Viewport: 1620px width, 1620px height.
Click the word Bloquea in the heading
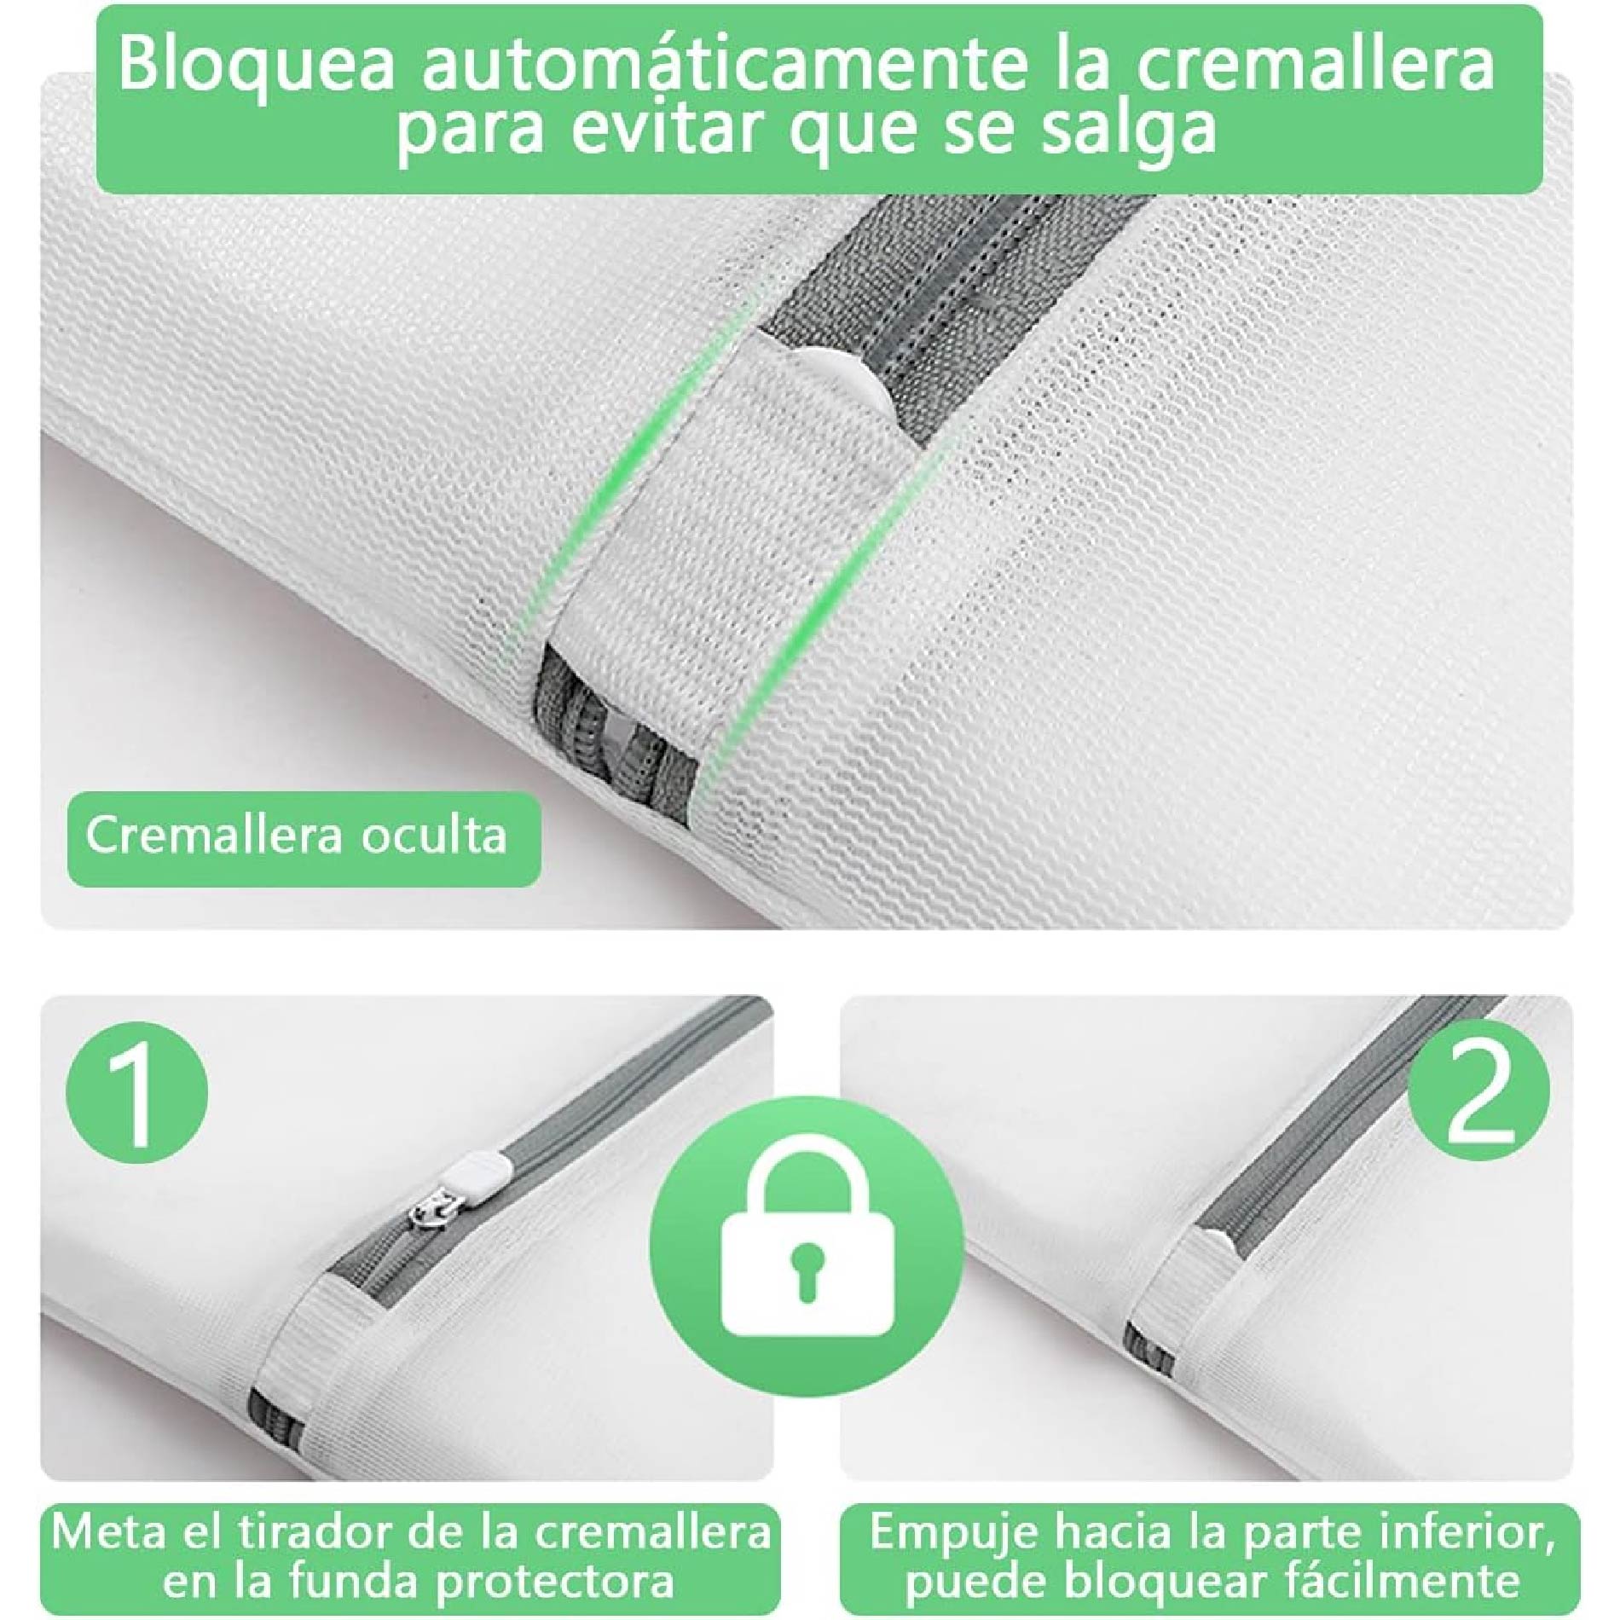click(x=257, y=66)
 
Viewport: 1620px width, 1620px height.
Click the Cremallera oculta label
click(x=296, y=836)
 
